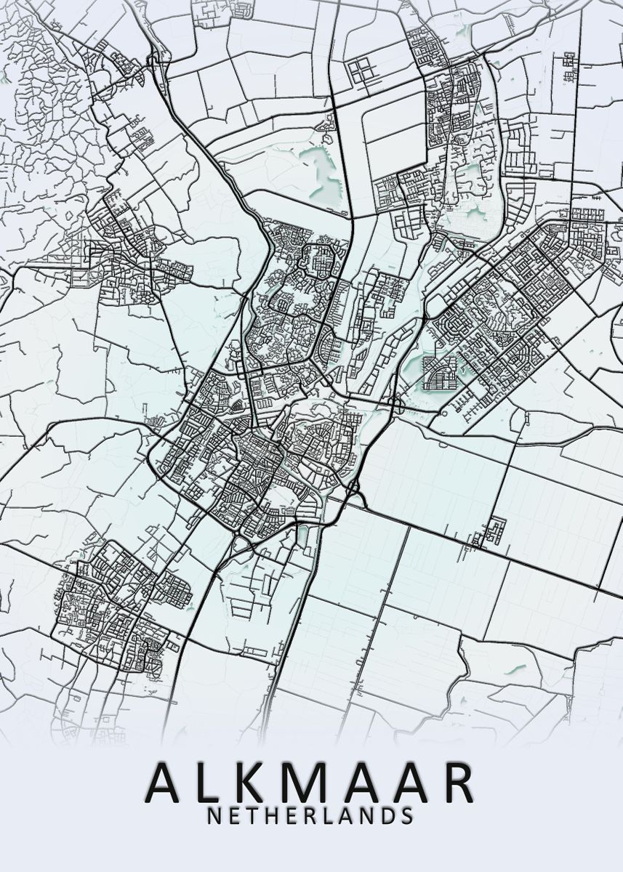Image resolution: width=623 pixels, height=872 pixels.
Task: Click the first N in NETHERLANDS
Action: click(x=215, y=815)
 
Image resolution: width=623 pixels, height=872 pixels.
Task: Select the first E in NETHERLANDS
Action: click(x=234, y=815)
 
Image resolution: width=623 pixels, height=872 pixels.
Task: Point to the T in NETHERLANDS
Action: click(x=252, y=815)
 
